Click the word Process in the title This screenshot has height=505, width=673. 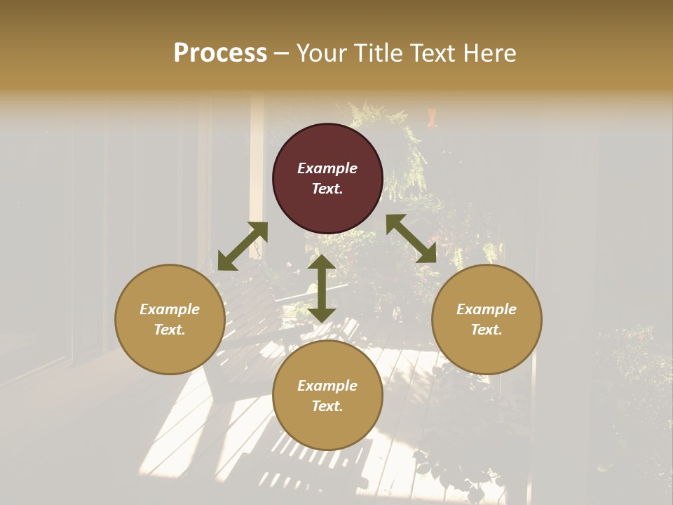pos(220,53)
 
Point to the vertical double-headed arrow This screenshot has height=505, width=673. pos(322,289)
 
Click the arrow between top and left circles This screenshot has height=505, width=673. pos(243,246)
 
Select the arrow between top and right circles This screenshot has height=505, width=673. pos(411,238)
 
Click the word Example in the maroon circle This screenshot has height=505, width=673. pos(327,168)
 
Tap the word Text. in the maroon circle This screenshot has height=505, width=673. pos(327,189)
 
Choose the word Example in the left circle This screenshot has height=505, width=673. pos(170,309)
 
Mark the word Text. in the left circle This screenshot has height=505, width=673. pos(170,330)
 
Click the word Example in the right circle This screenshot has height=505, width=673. pos(487,309)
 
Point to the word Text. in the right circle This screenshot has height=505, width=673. pos(487,330)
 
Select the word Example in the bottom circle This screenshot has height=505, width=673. pos(327,386)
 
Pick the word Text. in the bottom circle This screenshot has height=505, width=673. pos(327,406)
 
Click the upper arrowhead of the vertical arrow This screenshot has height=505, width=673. pos(322,262)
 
